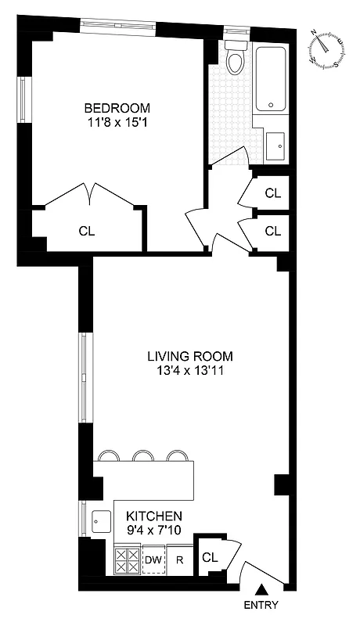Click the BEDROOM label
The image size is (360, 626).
pos(117,108)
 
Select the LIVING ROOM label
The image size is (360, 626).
pos(190,356)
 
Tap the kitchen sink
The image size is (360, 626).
pos(100,519)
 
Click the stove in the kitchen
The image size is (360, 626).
pos(127,560)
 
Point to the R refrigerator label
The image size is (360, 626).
pos(179,560)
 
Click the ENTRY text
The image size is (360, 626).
pos(261,605)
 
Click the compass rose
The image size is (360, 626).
pos(326,49)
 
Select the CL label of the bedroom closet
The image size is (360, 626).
pos(86,231)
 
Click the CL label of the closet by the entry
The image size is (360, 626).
pos(209,558)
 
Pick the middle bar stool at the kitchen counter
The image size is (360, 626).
pos(142,455)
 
